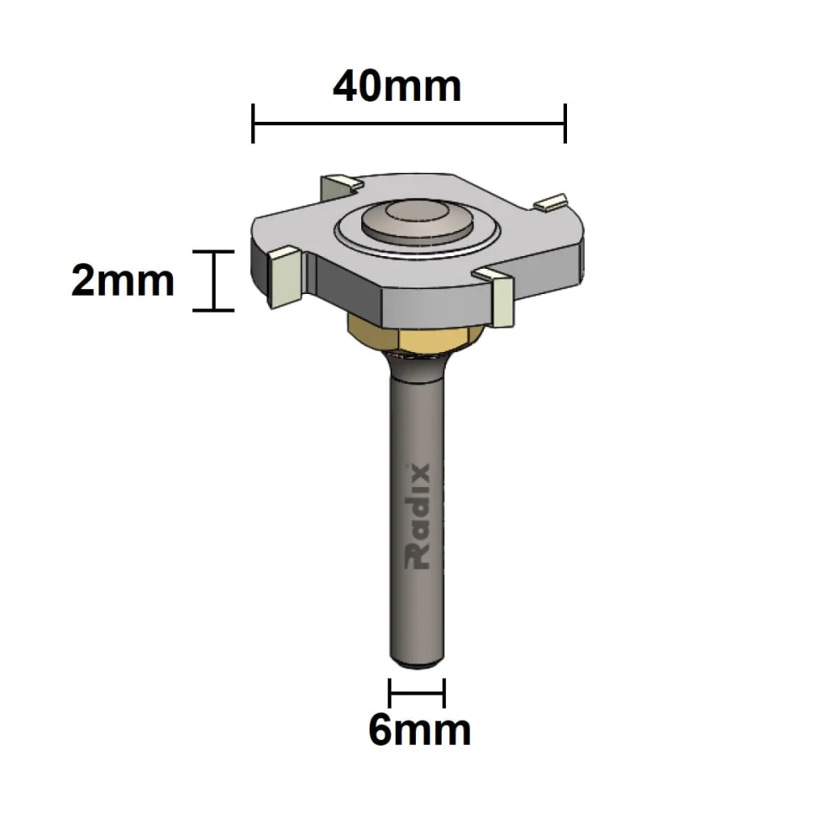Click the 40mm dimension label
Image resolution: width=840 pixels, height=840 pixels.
pos(396,86)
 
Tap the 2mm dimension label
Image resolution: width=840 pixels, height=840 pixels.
pos(123,281)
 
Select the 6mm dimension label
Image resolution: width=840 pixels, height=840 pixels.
pos(419,731)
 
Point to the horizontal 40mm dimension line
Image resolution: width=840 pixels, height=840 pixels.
pos(409,123)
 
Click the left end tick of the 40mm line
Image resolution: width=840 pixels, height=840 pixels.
pos(253,123)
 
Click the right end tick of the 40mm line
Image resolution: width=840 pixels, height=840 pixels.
pos(565,123)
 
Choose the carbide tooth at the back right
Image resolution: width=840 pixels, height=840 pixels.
pos(551,202)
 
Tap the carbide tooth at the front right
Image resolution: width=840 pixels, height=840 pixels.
pos(499,297)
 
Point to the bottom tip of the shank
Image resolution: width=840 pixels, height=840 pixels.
pos(417,661)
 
